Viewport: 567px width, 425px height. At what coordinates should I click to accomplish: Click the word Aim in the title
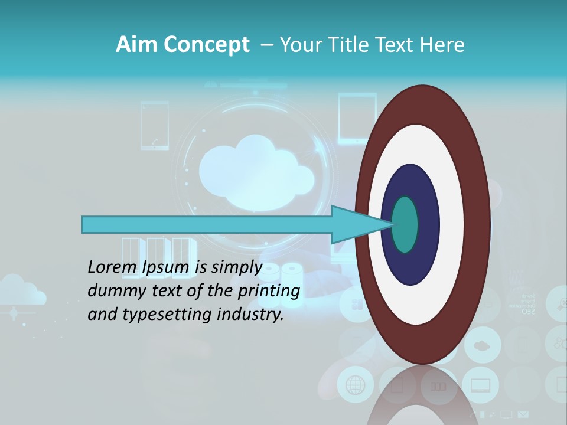(135, 45)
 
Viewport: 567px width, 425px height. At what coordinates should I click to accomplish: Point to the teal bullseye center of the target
(405, 224)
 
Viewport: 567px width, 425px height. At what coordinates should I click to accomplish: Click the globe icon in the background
(355, 385)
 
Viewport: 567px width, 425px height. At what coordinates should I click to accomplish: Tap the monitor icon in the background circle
(480, 385)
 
